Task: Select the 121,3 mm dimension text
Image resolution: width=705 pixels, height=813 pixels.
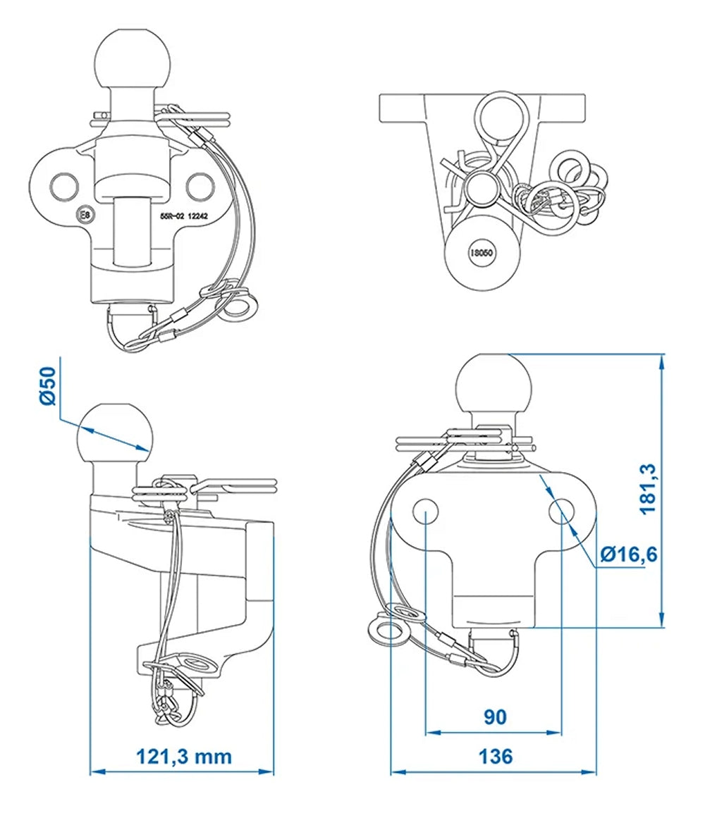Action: pyautogui.click(x=183, y=757)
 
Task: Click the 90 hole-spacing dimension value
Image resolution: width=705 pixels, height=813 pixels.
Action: pyautogui.click(x=495, y=717)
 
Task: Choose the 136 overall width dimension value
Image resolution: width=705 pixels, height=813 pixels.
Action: pyautogui.click(x=496, y=757)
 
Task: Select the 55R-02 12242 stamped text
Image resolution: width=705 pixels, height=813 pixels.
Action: pyautogui.click(x=189, y=218)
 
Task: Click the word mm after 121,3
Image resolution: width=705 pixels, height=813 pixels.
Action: pyautogui.click(x=215, y=757)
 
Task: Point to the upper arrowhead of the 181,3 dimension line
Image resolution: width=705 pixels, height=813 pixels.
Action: pyautogui.click(x=661, y=360)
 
